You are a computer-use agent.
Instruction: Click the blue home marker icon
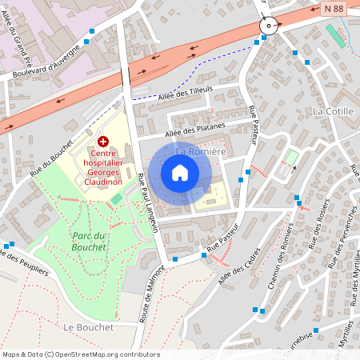click(180, 173)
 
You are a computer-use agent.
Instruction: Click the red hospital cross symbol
click(103, 141)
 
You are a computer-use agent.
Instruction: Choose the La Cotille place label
click(334, 111)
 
